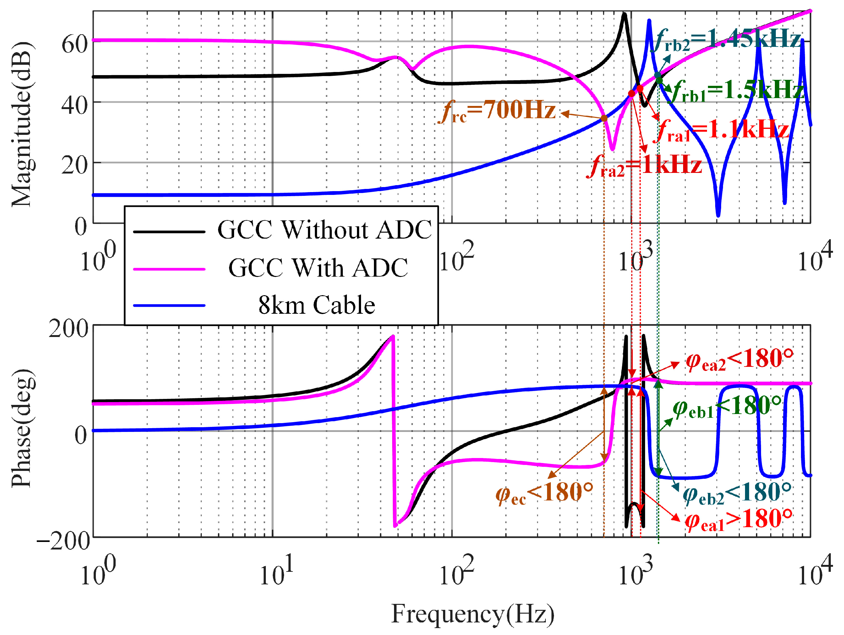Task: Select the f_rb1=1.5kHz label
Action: (737, 91)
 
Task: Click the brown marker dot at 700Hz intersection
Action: (604, 118)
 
